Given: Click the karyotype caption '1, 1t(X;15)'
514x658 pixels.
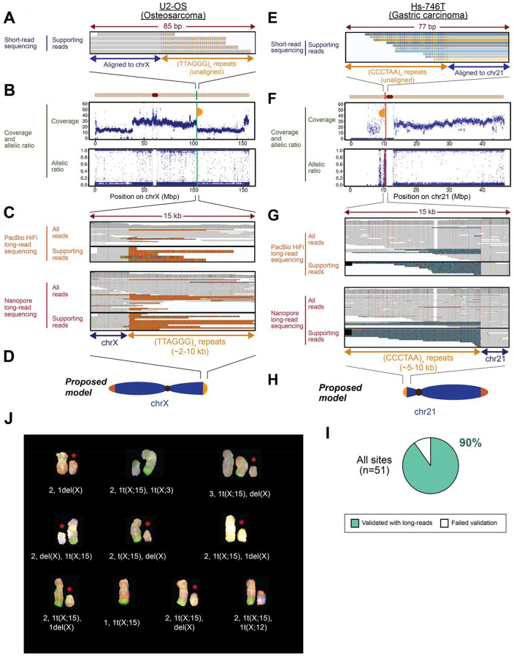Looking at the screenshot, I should pyautogui.click(x=130, y=619).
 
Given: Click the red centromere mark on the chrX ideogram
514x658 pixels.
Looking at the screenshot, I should pyautogui.click(x=154, y=95).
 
